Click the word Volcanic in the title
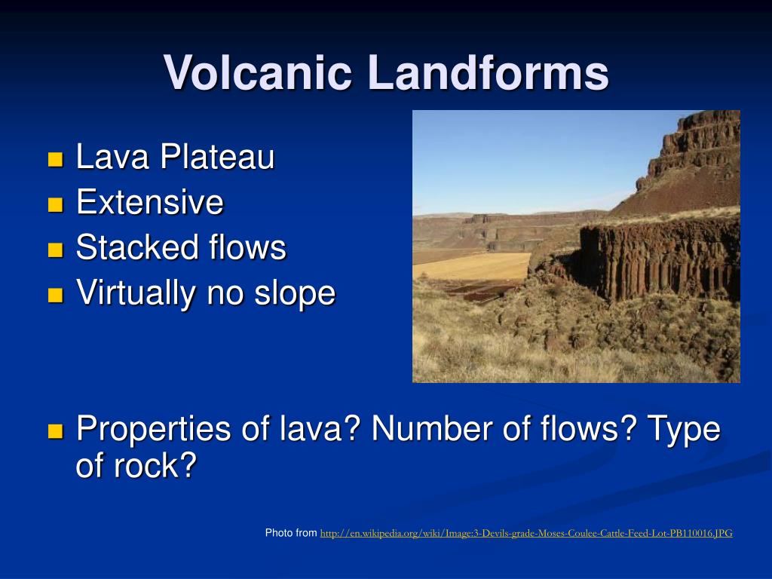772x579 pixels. [258, 73]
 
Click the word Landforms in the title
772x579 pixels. [489, 73]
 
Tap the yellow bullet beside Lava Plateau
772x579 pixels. [56, 159]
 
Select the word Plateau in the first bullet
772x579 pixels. [217, 157]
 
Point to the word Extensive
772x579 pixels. [150, 202]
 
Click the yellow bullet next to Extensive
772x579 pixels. [56, 204]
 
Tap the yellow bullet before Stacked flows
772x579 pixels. [56, 250]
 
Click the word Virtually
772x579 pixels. [136, 293]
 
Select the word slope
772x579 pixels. [295, 293]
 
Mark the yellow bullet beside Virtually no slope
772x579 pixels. [56, 295]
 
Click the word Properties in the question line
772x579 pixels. [154, 429]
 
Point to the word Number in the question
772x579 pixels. [432, 428]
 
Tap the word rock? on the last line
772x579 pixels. [155, 465]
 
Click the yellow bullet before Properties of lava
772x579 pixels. [56, 431]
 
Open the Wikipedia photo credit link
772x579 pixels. [526, 533]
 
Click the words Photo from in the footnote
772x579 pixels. [291, 533]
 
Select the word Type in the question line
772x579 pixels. [683, 429]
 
